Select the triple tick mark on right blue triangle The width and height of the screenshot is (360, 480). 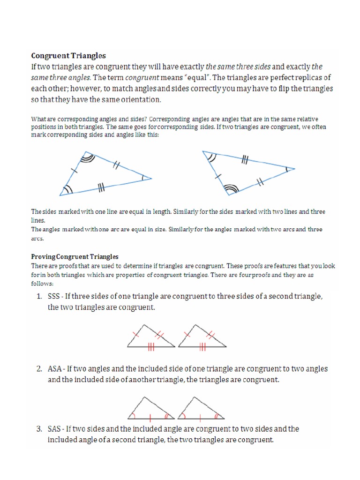244,160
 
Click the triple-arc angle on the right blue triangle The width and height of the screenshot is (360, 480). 230,188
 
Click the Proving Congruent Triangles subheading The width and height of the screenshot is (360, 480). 75,257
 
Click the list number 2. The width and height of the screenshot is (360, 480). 39,369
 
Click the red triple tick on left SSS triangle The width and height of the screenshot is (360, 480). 151,346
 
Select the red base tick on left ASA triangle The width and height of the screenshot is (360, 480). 150,416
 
